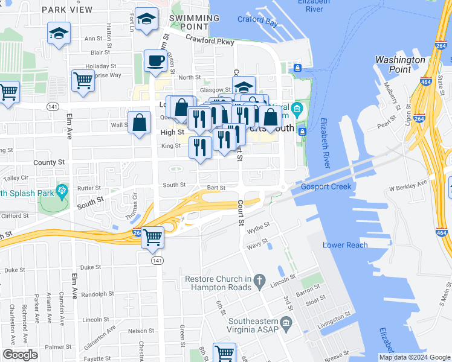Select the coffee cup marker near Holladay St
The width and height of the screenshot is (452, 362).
click(x=155, y=62)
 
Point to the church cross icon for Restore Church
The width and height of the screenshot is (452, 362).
click(x=260, y=280)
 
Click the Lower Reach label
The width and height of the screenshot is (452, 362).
click(x=345, y=245)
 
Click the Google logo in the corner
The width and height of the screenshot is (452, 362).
click(x=20, y=354)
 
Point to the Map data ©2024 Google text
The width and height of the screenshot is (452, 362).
click(x=414, y=357)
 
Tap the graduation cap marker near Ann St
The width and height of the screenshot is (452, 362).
click(x=59, y=34)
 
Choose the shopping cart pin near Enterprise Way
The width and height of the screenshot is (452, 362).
click(x=83, y=81)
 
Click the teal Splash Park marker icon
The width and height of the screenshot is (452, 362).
click(x=61, y=192)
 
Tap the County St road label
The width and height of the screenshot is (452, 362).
click(x=49, y=162)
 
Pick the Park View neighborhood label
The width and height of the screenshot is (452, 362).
click(x=67, y=10)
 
